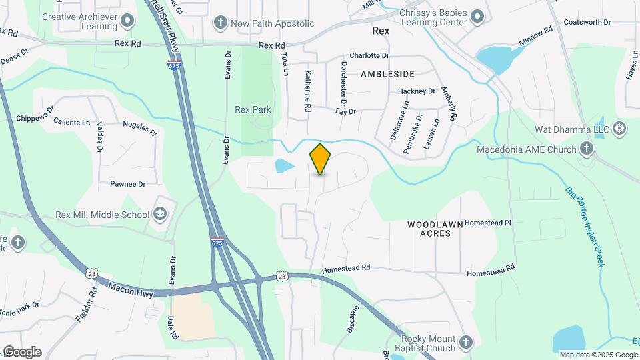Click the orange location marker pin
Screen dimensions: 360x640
click(x=321, y=159)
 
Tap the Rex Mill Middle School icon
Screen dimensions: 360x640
click(x=160, y=214)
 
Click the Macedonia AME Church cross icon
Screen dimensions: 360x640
click(x=587, y=149)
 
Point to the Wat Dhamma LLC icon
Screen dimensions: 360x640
click(x=619, y=127)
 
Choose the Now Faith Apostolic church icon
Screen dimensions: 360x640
click(x=219, y=23)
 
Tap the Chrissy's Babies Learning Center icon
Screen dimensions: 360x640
click(x=477, y=15)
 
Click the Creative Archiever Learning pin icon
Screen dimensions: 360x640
click(x=127, y=20)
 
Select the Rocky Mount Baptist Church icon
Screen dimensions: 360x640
click(x=466, y=343)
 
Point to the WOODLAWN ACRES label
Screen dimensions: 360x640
click(x=434, y=229)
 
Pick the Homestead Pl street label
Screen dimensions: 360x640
click(x=487, y=223)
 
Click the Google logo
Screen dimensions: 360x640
click(x=21, y=352)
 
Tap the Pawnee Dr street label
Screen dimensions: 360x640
click(x=127, y=183)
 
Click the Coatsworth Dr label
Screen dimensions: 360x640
click(x=587, y=22)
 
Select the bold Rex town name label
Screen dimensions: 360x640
click(x=381, y=31)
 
